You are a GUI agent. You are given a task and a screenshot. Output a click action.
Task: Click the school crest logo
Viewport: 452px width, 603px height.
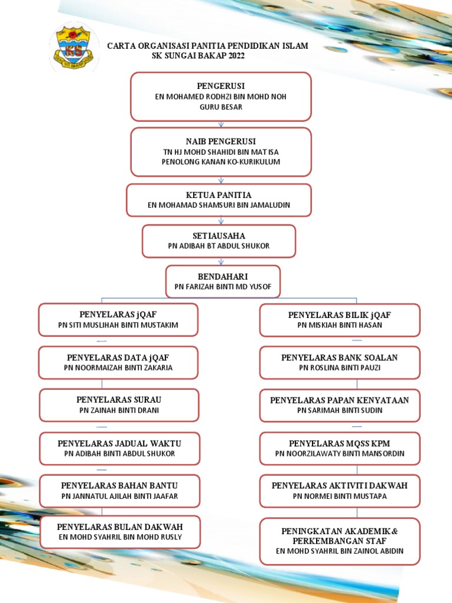[x=74, y=48]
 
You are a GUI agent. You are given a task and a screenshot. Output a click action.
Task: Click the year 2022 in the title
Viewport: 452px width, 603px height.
[x=237, y=56]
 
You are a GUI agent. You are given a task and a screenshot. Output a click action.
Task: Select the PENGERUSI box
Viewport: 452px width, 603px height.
[x=221, y=97]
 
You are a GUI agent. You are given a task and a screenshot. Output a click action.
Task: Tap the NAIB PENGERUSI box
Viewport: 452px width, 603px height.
[x=221, y=152]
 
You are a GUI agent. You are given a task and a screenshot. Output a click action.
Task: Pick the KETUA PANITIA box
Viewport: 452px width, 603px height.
[x=219, y=200]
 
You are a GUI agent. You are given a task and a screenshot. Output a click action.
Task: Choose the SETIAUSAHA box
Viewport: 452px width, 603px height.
[x=219, y=241]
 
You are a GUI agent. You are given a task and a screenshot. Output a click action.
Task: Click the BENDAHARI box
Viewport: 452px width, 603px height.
[x=223, y=281]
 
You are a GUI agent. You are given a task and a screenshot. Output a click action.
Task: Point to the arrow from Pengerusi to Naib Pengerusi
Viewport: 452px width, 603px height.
[x=221, y=125]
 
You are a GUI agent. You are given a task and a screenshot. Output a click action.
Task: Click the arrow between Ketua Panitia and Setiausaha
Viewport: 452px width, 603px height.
[x=221, y=221]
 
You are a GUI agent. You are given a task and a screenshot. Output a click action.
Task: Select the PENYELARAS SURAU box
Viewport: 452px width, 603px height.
[x=119, y=405]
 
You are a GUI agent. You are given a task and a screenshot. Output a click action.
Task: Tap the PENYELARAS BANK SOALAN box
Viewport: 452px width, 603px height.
[x=340, y=363]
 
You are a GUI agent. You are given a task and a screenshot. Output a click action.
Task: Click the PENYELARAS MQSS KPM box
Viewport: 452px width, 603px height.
[x=340, y=448]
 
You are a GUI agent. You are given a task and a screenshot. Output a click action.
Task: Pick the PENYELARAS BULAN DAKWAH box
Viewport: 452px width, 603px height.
[x=120, y=532]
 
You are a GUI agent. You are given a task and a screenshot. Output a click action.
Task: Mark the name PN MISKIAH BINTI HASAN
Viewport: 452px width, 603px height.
[x=340, y=325]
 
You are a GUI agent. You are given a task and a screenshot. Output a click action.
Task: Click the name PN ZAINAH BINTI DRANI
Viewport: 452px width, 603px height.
[x=119, y=410]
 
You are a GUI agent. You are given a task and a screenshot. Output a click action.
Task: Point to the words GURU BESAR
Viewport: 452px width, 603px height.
[x=221, y=107]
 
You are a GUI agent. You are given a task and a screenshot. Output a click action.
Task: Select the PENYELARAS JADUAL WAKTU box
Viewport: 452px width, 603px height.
[x=119, y=448]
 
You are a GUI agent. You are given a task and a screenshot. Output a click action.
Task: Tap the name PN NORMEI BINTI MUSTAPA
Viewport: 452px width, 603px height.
[x=340, y=496]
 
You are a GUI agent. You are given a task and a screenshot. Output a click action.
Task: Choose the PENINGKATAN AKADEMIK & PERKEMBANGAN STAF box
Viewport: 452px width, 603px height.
[x=340, y=542]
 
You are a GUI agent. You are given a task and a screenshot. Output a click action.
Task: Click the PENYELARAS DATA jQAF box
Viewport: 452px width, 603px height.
[x=118, y=363]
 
